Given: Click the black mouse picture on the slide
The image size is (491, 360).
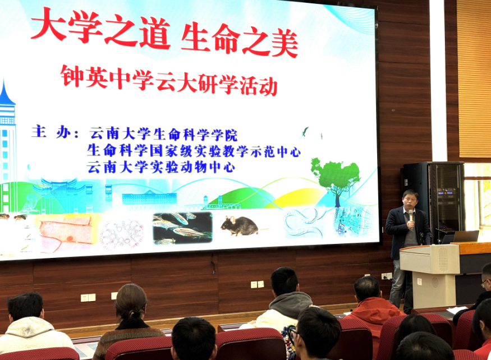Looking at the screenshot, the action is (240, 226).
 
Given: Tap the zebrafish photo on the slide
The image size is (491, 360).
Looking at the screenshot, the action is (182, 228).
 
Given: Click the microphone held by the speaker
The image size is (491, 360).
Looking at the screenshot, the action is (411, 216).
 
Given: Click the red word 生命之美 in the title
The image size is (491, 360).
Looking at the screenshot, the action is (240, 39).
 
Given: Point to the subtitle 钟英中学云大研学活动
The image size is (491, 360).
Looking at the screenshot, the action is (169, 80).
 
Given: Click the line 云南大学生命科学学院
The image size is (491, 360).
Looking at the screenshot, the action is (163, 134).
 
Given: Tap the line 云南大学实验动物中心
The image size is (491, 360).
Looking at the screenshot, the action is (161, 167).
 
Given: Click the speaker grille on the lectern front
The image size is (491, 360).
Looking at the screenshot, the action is (443, 259).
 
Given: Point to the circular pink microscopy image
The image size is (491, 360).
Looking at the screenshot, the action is (122, 233).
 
